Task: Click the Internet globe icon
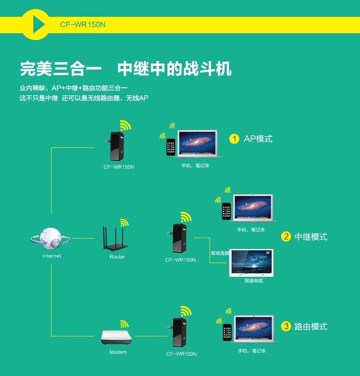click(x=51, y=238)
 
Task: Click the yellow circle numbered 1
click(x=234, y=139)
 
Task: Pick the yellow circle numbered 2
click(x=286, y=236)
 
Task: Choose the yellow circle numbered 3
click(x=286, y=326)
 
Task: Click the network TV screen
click(x=251, y=262)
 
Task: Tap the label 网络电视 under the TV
click(x=253, y=281)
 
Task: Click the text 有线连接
click(x=220, y=253)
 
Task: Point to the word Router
click(x=117, y=257)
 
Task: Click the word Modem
click(x=118, y=352)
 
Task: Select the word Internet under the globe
click(x=51, y=256)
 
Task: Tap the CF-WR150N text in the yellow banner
click(x=82, y=25)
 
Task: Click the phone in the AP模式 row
click(x=170, y=147)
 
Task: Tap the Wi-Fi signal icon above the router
click(x=124, y=223)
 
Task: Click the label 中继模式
click(x=311, y=237)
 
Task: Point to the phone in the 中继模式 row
click(x=226, y=211)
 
